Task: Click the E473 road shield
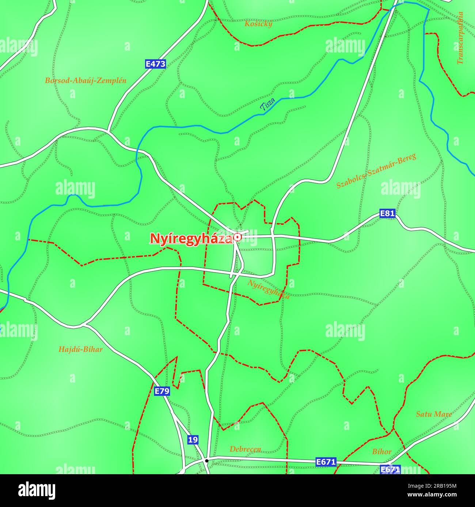click(155, 64)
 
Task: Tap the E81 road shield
click(387, 213)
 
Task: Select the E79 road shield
click(161, 391)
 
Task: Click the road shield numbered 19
click(193, 440)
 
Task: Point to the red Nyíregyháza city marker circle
click(237, 237)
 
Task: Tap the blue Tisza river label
click(267, 105)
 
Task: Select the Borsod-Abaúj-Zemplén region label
click(85, 81)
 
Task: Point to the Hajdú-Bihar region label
click(80, 349)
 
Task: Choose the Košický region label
click(258, 24)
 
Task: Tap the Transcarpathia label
click(460, 38)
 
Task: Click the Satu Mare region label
click(434, 414)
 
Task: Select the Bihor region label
click(382, 452)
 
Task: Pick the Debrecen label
click(245, 449)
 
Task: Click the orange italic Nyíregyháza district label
click(269, 289)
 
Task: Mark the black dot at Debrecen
click(206, 461)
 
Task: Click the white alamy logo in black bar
click(37, 490)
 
